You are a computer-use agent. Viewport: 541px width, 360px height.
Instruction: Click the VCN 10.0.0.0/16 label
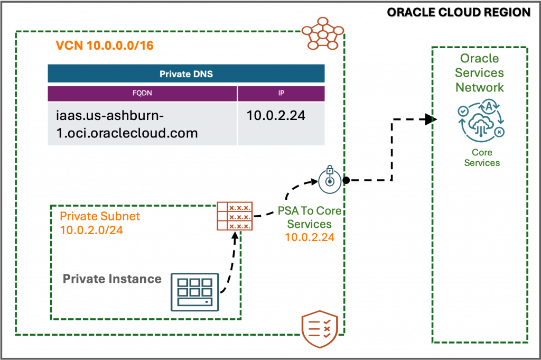[105, 46]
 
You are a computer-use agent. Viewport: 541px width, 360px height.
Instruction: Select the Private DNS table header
[186, 74]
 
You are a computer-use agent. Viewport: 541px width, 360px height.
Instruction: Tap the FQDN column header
[142, 94]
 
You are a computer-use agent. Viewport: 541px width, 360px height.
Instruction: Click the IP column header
[281, 94]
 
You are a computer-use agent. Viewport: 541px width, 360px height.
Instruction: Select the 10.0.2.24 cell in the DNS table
[276, 116]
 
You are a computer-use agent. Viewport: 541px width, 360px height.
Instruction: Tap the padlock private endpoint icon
[330, 180]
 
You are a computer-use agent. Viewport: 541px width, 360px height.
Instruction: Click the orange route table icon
[235, 216]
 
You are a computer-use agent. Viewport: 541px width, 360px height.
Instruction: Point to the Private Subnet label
[100, 217]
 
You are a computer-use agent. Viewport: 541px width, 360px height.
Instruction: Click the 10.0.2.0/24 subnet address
[91, 230]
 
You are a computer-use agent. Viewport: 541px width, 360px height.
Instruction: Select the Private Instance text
[112, 279]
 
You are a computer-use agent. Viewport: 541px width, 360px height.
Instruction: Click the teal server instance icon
[194, 292]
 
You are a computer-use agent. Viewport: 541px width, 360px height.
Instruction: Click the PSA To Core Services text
[310, 217]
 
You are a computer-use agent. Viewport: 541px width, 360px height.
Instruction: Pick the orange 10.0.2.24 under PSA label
[310, 237]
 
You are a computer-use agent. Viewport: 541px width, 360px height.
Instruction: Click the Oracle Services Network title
[480, 73]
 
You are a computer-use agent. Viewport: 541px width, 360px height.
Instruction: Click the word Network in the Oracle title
[480, 87]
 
